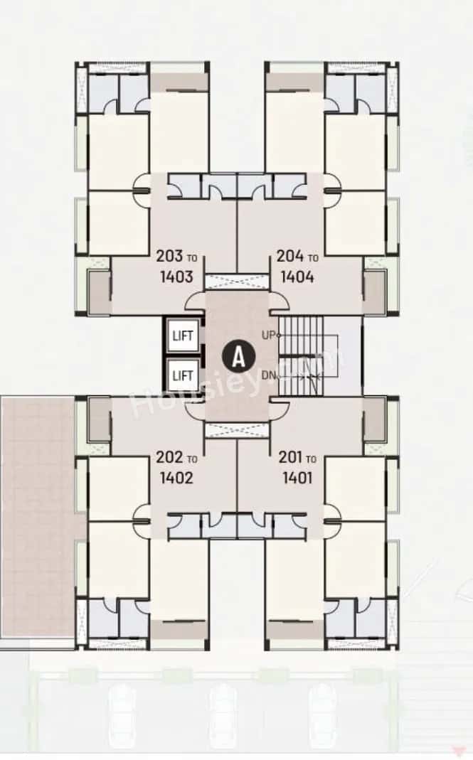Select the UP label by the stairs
click(x=268, y=334)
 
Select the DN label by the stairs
click(x=268, y=375)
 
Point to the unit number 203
click(x=168, y=257)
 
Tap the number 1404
click(x=297, y=276)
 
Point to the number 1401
click(x=297, y=478)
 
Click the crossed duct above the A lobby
click(x=237, y=282)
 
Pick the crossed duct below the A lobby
click(x=237, y=429)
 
